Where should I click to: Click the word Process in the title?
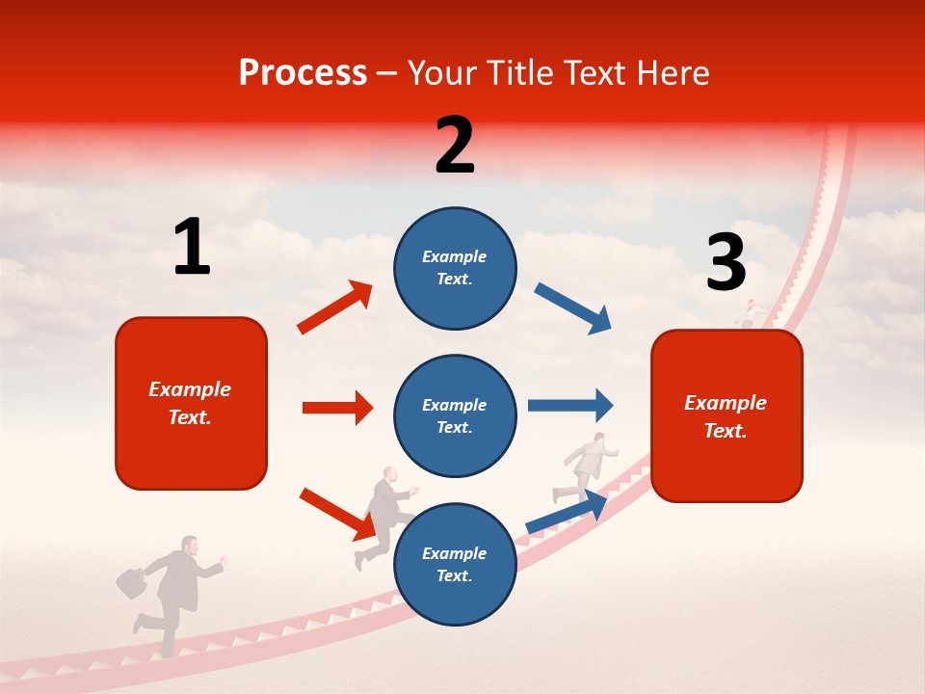click(x=303, y=72)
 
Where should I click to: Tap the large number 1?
click(x=192, y=247)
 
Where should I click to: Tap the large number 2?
click(x=455, y=145)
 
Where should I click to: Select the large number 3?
click(x=726, y=262)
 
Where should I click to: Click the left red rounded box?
click(x=191, y=403)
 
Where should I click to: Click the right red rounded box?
click(x=727, y=415)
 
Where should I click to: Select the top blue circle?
click(x=455, y=268)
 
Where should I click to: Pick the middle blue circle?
click(x=455, y=415)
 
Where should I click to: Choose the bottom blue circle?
click(x=455, y=564)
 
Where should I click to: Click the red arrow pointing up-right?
click(x=335, y=307)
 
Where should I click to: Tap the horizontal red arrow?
click(x=337, y=408)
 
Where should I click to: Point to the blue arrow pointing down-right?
click(x=573, y=308)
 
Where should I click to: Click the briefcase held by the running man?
click(x=131, y=582)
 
